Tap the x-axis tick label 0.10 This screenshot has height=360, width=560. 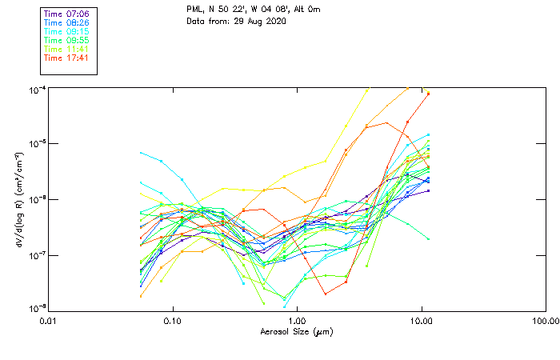(172, 322)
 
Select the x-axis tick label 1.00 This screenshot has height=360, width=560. (297, 322)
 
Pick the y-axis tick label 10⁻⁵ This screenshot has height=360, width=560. (37, 144)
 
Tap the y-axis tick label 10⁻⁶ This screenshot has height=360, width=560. (37, 199)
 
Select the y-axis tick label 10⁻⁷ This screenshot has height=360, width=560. (37, 254)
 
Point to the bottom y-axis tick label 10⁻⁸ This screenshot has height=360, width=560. (37, 309)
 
